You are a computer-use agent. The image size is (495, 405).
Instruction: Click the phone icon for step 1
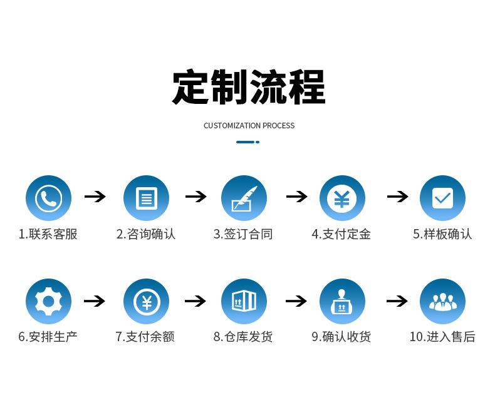click(x=48, y=198)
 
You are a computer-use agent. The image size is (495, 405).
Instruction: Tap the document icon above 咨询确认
click(x=146, y=198)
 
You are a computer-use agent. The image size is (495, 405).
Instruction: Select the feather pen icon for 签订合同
click(x=244, y=198)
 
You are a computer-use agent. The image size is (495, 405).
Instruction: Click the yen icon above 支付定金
click(x=342, y=198)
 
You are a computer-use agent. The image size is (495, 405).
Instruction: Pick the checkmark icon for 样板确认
click(x=442, y=198)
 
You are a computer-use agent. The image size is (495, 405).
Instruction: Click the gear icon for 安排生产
click(x=48, y=302)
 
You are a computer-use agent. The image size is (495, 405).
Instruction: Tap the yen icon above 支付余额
click(x=146, y=302)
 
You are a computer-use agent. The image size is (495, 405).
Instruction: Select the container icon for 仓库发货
click(x=244, y=302)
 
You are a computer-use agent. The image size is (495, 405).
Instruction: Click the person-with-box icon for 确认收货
click(x=342, y=302)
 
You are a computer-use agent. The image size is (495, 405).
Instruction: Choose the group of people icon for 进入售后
click(x=442, y=302)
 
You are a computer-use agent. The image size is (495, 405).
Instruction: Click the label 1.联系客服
click(x=48, y=234)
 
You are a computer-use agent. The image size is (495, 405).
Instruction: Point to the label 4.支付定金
click(x=341, y=234)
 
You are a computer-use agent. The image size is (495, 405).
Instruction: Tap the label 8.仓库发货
click(x=242, y=337)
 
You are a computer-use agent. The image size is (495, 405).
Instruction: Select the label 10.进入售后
click(x=442, y=337)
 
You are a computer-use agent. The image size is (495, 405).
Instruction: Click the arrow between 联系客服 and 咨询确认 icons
click(x=95, y=197)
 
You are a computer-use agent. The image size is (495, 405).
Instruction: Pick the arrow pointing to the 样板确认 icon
click(x=397, y=197)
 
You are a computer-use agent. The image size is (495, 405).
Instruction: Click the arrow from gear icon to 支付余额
click(x=95, y=301)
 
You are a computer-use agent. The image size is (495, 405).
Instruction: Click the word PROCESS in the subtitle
click(x=278, y=126)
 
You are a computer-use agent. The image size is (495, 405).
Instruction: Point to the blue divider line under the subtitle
click(x=248, y=142)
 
